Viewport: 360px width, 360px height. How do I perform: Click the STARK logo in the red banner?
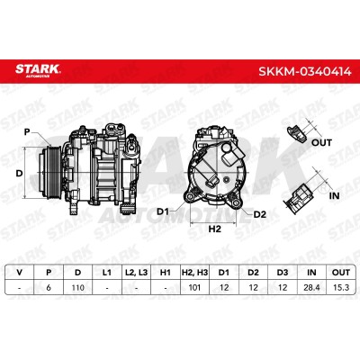click(38, 70)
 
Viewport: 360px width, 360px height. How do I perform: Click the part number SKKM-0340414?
click(305, 72)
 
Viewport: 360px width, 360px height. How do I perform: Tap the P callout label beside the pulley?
click(27, 131)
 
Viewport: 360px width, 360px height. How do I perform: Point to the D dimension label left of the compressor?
click(19, 173)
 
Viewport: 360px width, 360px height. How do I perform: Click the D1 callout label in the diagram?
click(163, 211)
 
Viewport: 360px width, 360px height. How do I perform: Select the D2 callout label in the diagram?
click(260, 214)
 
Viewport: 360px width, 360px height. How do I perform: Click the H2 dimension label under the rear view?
click(214, 229)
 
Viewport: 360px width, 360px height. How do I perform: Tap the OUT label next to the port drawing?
click(321, 142)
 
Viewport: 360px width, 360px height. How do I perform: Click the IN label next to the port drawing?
click(334, 195)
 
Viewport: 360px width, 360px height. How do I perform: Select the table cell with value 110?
click(78, 287)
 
